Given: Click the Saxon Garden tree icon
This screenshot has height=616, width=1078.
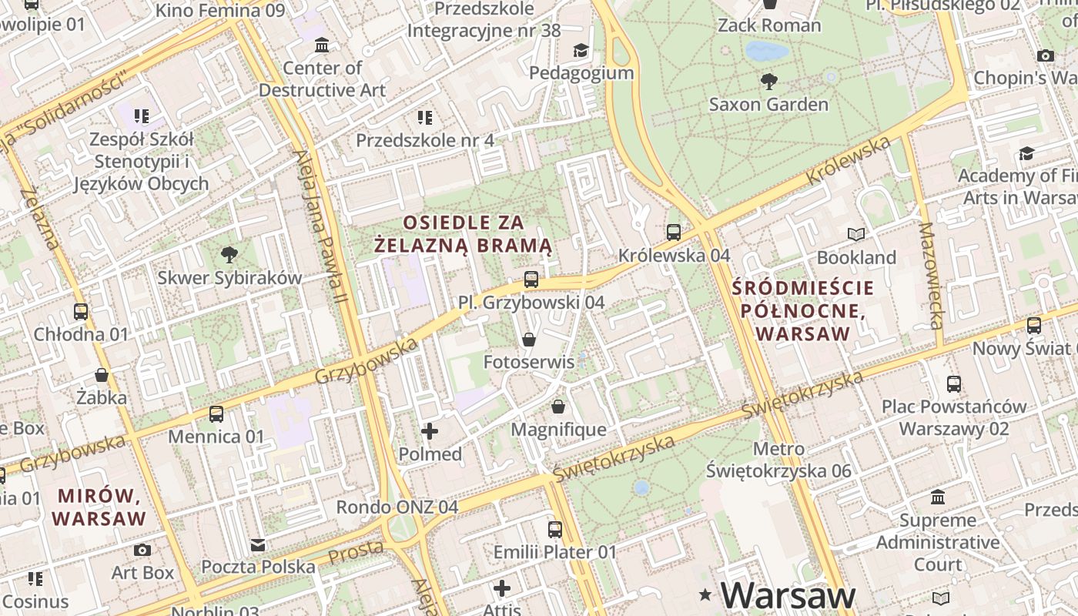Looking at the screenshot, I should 768,81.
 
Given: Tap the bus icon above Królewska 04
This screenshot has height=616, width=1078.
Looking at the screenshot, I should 674,232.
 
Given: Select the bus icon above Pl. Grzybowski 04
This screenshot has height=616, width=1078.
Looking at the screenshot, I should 531,280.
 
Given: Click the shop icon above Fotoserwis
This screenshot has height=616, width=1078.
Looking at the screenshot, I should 529,339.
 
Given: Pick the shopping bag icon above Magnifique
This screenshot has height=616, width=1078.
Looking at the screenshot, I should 558,406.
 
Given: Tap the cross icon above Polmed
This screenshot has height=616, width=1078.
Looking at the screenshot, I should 430,431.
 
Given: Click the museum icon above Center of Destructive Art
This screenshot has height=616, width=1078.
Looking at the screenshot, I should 322,45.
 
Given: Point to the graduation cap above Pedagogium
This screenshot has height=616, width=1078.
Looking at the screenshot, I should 581,51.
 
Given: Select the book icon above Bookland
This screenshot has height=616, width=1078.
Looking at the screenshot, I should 856,234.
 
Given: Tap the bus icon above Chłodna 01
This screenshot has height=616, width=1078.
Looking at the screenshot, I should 81,312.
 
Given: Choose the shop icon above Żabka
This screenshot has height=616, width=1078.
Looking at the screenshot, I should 102,375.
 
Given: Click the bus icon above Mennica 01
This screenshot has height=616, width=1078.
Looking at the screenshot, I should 216,414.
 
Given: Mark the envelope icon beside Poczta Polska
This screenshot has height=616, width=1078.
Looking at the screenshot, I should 258,545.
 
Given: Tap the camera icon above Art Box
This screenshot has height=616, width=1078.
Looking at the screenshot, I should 142,550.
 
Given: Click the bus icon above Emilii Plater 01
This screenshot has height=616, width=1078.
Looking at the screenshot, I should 554,530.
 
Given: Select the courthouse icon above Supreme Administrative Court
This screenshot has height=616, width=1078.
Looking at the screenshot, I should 938,497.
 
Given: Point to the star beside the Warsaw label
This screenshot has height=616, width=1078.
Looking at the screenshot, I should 705,594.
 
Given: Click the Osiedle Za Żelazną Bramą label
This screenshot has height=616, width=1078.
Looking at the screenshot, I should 464,234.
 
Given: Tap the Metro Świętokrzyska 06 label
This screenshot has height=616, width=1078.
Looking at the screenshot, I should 778,460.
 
